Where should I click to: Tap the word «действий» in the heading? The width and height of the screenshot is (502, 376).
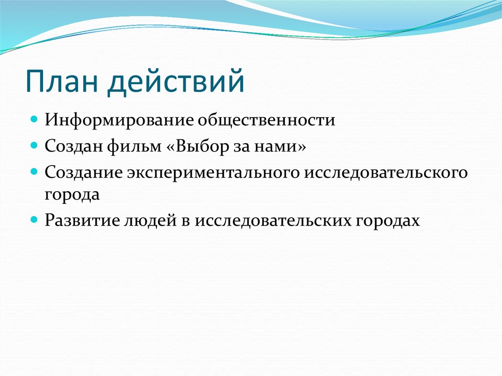[x=176, y=82]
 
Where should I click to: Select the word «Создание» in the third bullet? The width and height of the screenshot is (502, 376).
[x=83, y=172]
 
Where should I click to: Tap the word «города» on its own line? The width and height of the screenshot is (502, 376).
[x=72, y=194]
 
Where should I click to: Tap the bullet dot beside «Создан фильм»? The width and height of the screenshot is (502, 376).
[x=34, y=146]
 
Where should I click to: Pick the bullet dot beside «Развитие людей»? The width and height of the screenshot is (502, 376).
[x=34, y=220]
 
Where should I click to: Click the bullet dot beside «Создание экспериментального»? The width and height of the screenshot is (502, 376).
[x=34, y=172]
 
